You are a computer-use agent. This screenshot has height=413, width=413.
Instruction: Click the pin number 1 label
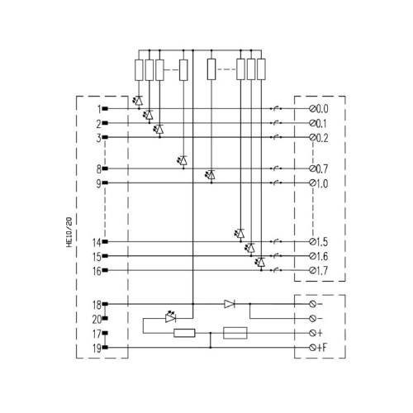pos(99,109)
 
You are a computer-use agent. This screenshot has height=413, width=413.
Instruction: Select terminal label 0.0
pos(322,109)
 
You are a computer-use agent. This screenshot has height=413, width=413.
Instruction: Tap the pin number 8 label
pos(99,169)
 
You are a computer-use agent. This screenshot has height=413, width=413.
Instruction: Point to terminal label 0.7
pos(322,169)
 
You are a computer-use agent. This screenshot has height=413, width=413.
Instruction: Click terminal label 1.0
pos(322,183)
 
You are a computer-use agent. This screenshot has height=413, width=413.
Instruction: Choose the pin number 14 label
pos(97,243)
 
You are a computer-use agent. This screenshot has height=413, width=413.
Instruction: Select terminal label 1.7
pos(322,271)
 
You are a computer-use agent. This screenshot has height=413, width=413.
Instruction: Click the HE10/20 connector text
pos(69,232)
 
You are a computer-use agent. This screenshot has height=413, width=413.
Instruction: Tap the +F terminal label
pos(322,348)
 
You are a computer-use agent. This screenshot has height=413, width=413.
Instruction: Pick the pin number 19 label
pos(97,349)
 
